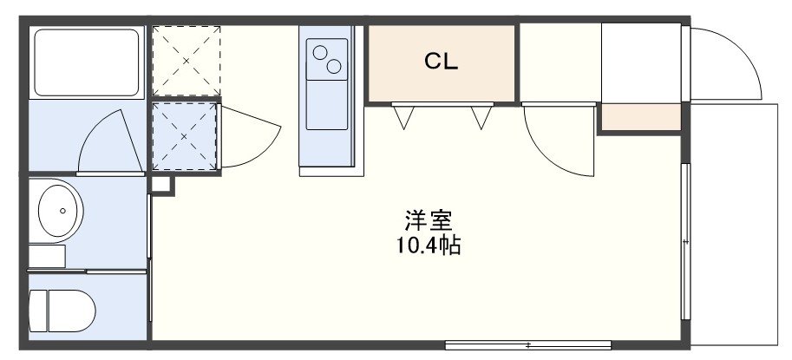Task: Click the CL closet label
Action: (441, 62)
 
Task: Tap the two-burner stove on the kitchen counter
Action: (326, 58)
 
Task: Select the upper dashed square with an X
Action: (186, 60)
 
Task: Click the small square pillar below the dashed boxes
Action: (160, 183)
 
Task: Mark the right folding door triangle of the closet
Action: (481, 115)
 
